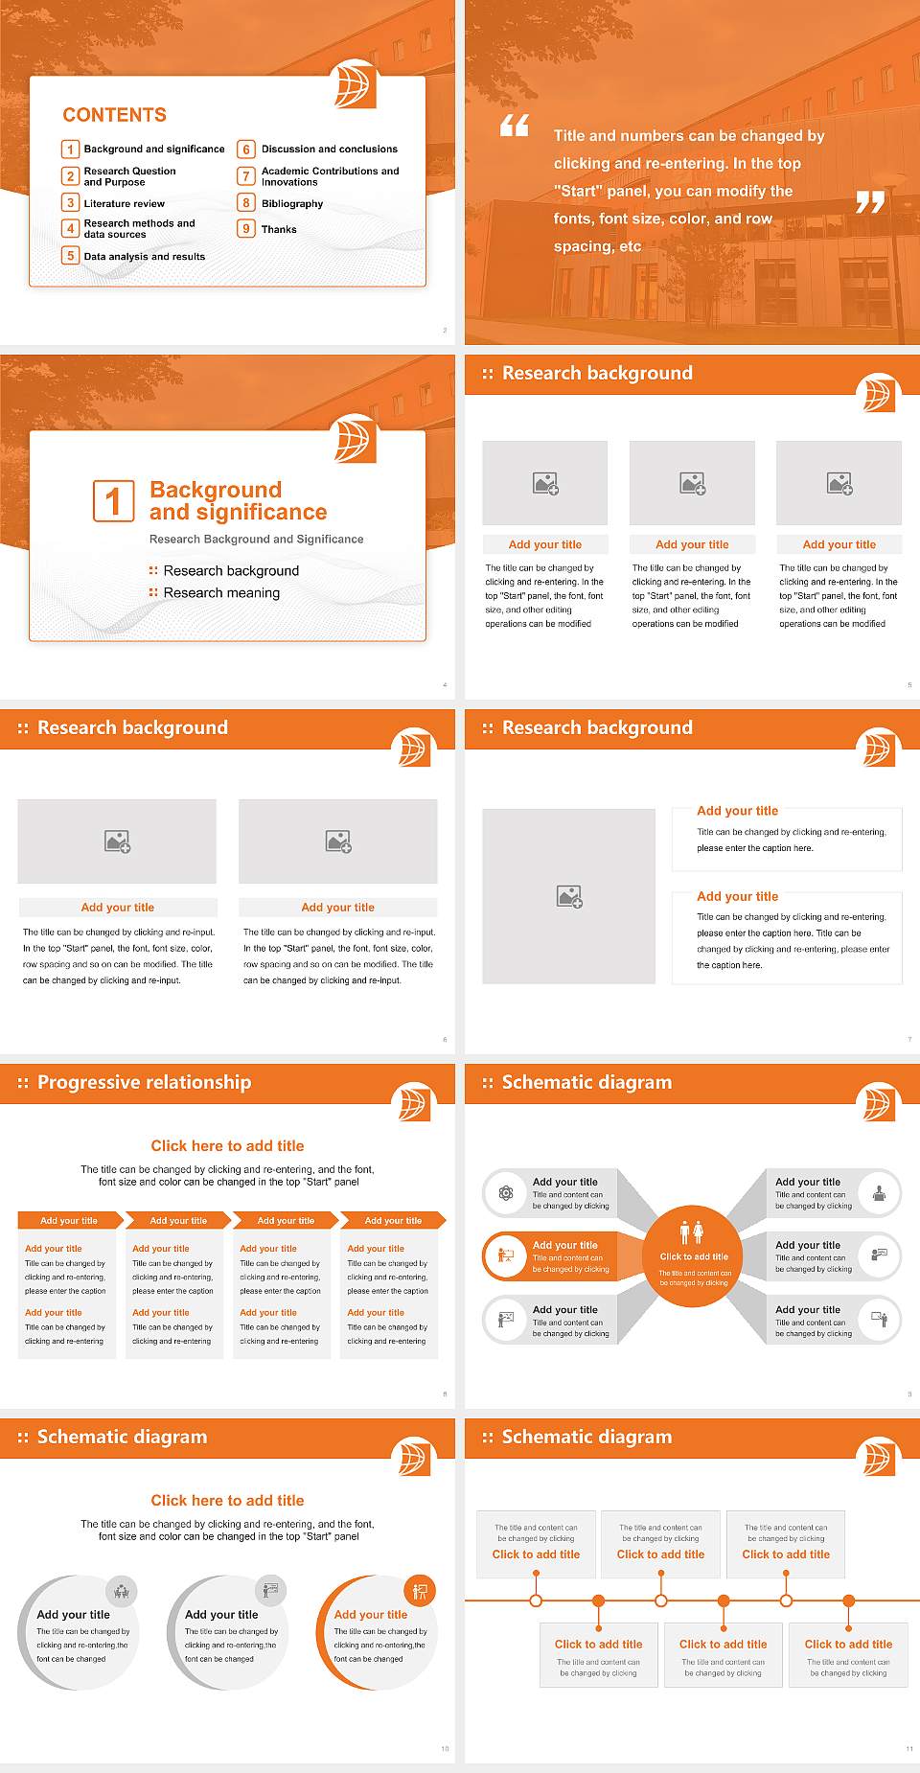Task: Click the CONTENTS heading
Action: (114, 115)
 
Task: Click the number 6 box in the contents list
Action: (246, 150)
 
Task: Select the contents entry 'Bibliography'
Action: (292, 204)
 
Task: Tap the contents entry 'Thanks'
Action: (279, 230)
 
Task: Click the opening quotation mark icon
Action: (515, 126)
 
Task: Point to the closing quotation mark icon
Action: (869, 202)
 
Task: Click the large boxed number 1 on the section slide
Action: (113, 501)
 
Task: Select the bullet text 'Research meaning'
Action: (221, 593)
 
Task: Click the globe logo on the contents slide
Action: (353, 86)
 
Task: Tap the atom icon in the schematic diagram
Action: (505, 1193)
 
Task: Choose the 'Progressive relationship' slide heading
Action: (144, 1082)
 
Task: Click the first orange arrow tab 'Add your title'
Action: (69, 1221)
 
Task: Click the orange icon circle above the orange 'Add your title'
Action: (420, 1592)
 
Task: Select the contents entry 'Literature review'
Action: (124, 204)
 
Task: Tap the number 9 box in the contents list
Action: (246, 229)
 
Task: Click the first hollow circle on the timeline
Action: (536, 1600)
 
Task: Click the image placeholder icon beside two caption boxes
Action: (569, 897)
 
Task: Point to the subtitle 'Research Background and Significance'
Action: (256, 540)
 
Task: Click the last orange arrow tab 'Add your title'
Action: (393, 1221)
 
